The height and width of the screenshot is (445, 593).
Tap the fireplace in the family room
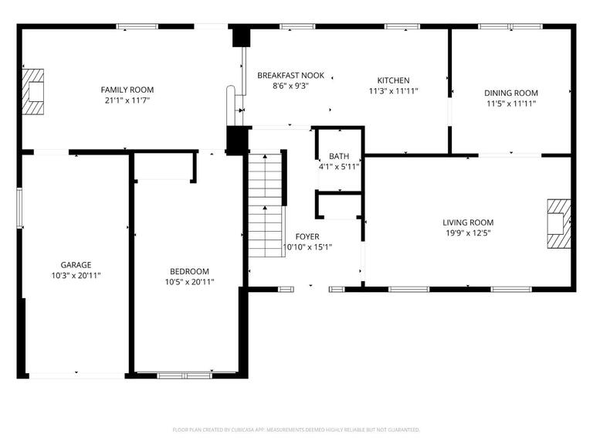32,91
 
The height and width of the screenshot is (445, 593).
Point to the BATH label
339,156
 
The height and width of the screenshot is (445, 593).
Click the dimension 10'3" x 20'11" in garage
76,275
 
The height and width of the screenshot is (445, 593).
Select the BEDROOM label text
190,271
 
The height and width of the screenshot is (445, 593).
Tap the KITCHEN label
393,80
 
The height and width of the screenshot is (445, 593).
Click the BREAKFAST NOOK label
290,76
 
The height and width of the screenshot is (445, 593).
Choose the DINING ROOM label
511,93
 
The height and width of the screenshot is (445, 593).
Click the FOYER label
307,236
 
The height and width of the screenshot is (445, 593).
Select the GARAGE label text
76,265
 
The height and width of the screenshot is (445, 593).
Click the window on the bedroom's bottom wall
178,375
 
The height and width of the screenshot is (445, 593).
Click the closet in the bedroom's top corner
164,167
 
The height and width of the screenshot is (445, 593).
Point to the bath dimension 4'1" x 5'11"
339,166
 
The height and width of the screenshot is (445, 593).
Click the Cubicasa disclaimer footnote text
296,430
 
